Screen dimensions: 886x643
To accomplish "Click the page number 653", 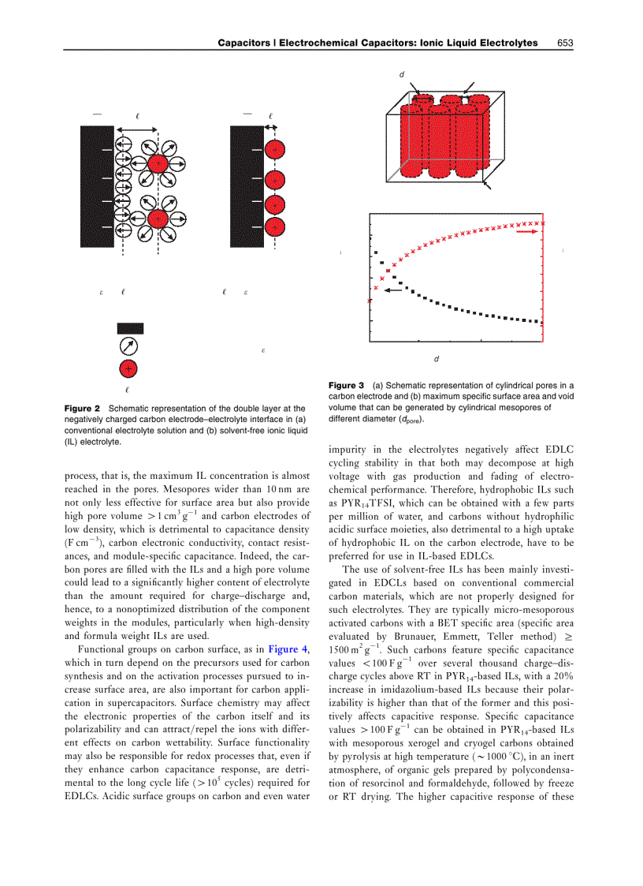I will pyautogui.click(x=565, y=43).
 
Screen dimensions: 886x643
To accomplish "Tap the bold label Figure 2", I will pyautogui.click(x=83, y=409).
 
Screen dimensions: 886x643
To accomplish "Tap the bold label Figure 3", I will pyautogui.click(x=346, y=385).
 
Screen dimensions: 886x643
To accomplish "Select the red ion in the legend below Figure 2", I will pyautogui.click(x=128, y=368).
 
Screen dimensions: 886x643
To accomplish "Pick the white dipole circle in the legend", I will pyautogui.click(x=128, y=346).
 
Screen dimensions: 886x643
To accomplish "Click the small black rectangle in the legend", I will pyautogui.click(x=130, y=327).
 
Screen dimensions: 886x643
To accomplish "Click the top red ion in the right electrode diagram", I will pyautogui.click(x=273, y=149).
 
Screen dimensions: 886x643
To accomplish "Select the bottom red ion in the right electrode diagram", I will pyautogui.click(x=273, y=227).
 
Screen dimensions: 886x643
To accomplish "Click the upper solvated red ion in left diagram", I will pyautogui.click(x=158, y=163).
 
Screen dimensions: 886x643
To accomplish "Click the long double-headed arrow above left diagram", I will pyautogui.click(x=137, y=129).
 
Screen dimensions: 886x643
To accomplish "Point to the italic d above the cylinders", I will pyautogui.click(x=401, y=74).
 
